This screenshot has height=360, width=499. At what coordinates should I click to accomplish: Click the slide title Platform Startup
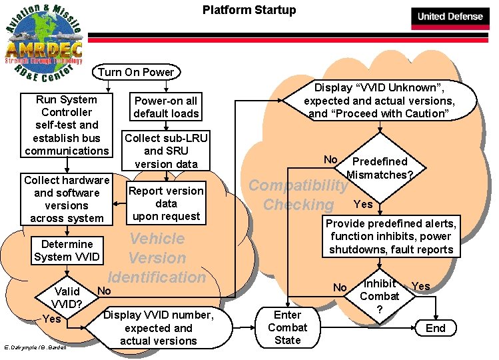(x=249, y=10)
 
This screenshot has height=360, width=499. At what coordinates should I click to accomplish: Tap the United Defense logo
(x=450, y=16)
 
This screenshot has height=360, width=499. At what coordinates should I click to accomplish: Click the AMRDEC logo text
(x=43, y=50)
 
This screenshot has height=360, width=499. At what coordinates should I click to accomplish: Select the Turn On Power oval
(x=136, y=72)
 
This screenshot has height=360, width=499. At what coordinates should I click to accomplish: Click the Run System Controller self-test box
(x=67, y=125)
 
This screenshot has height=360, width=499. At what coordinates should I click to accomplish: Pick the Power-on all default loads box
(x=166, y=107)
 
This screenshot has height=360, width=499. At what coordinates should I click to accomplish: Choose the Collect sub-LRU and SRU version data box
(x=166, y=151)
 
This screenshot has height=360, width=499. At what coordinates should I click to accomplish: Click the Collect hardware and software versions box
(x=67, y=199)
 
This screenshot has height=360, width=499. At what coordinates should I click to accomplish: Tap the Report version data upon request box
(x=166, y=203)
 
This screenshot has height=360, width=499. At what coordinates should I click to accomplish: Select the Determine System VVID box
(x=67, y=250)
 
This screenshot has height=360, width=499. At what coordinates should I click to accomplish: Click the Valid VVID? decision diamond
(x=67, y=297)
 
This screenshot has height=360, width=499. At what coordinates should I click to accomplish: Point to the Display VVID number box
(x=159, y=328)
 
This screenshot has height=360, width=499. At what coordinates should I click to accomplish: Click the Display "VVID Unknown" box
(x=379, y=101)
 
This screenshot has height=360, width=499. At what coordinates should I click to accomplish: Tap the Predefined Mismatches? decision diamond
(x=379, y=167)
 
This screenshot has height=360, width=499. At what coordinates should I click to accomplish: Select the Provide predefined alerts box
(x=390, y=237)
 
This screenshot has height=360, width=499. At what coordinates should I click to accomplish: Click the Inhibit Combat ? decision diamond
(x=379, y=297)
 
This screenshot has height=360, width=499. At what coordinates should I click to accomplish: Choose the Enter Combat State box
(x=287, y=327)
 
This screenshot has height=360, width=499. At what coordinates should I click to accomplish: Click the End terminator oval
(x=435, y=328)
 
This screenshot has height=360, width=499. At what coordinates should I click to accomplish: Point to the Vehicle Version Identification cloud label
(x=157, y=257)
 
